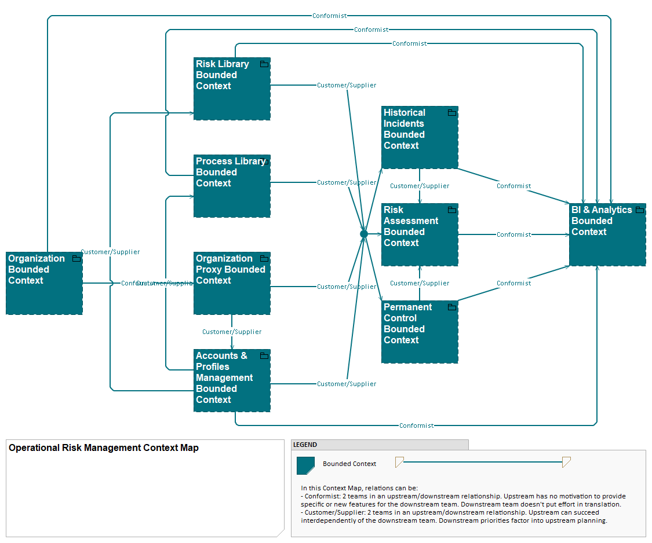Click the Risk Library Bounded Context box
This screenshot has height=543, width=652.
(x=232, y=89)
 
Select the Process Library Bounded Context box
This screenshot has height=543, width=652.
(x=232, y=186)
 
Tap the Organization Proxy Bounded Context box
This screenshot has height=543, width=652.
(x=232, y=283)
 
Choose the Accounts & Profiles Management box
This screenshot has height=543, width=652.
(x=232, y=380)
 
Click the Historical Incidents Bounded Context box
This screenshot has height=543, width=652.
(x=420, y=137)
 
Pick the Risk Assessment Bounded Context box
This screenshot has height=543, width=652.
(x=420, y=234)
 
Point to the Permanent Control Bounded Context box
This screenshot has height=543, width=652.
(x=420, y=332)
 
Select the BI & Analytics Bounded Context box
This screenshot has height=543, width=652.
(x=607, y=234)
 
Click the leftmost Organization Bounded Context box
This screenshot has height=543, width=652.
(x=44, y=283)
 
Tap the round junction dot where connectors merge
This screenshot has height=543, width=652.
(x=364, y=234)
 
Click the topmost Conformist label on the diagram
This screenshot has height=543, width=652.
(x=329, y=16)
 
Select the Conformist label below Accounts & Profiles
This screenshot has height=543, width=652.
(x=416, y=425)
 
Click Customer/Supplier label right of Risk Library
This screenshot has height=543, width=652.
(x=347, y=85)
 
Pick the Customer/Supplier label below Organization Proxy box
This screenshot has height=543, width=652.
(x=232, y=332)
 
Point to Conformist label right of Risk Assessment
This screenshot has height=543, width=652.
(x=513, y=234)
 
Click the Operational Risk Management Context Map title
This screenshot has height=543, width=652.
(x=104, y=447)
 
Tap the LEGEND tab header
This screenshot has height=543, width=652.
(x=305, y=445)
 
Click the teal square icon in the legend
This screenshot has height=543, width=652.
(x=305, y=465)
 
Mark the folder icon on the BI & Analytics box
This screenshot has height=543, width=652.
(x=640, y=210)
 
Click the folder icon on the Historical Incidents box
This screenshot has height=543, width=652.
(x=452, y=112)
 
